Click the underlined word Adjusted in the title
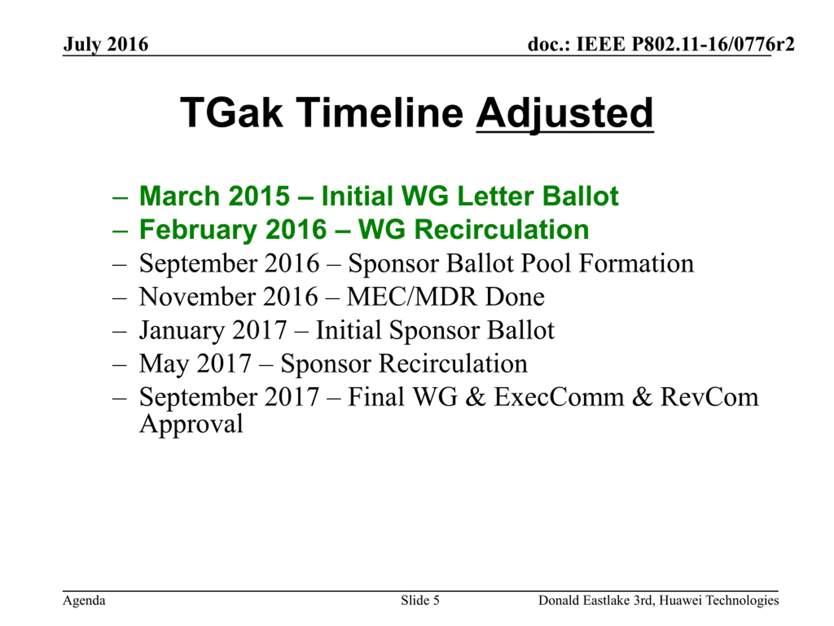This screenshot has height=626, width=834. click(565, 113)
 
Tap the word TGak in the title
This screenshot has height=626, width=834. click(231, 112)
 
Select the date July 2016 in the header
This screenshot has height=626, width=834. click(106, 45)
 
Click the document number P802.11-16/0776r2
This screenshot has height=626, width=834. click(713, 45)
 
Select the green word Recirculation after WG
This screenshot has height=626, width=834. click(502, 230)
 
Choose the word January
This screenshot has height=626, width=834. click(181, 331)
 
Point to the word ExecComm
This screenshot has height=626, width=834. click(559, 397)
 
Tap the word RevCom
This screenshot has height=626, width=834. click(709, 397)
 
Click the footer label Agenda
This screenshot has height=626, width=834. click(84, 600)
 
